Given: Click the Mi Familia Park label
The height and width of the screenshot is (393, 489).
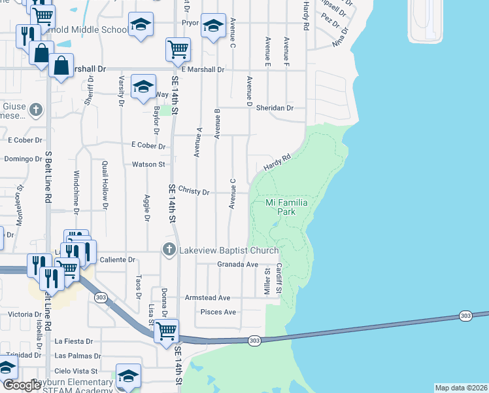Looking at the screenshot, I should (287, 207).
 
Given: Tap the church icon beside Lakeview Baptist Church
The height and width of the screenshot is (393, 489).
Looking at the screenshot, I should (169, 250).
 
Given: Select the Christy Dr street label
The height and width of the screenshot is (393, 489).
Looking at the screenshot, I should (194, 193).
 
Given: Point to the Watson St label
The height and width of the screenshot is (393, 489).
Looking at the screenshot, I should (148, 164).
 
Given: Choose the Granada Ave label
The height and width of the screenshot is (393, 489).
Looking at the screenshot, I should (238, 265).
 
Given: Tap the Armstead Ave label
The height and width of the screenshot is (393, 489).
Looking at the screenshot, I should (208, 297).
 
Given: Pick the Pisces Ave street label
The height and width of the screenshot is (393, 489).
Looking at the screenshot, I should (218, 312).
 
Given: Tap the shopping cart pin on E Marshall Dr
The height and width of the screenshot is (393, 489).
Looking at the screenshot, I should (178, 48).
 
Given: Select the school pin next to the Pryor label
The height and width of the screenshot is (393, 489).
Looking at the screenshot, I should (213, 26).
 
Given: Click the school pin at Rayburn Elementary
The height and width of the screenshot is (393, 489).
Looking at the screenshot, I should (129, 376).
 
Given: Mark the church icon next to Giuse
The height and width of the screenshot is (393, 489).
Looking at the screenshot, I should (36, 110).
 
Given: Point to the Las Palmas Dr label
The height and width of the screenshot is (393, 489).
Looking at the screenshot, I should (78, 356).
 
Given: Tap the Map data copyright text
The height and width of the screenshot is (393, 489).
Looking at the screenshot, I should (462, 388).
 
